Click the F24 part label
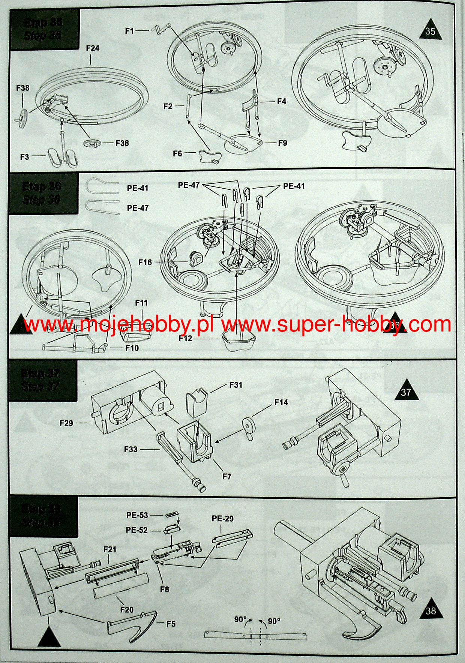point(93,48)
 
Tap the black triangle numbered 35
point(430,30)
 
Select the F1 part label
point(129,31)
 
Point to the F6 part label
point(177,153)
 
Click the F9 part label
point(282,143)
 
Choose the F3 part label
point(24,156)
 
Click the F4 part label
point(282,101)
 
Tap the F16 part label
point(145,262)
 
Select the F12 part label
point(185,339)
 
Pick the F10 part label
point(132,348)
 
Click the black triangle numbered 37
point(406,391)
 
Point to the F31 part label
point(236,385)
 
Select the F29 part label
point(66,423)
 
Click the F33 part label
point(131,449)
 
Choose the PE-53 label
point(137,515)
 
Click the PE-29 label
point(222,519)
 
